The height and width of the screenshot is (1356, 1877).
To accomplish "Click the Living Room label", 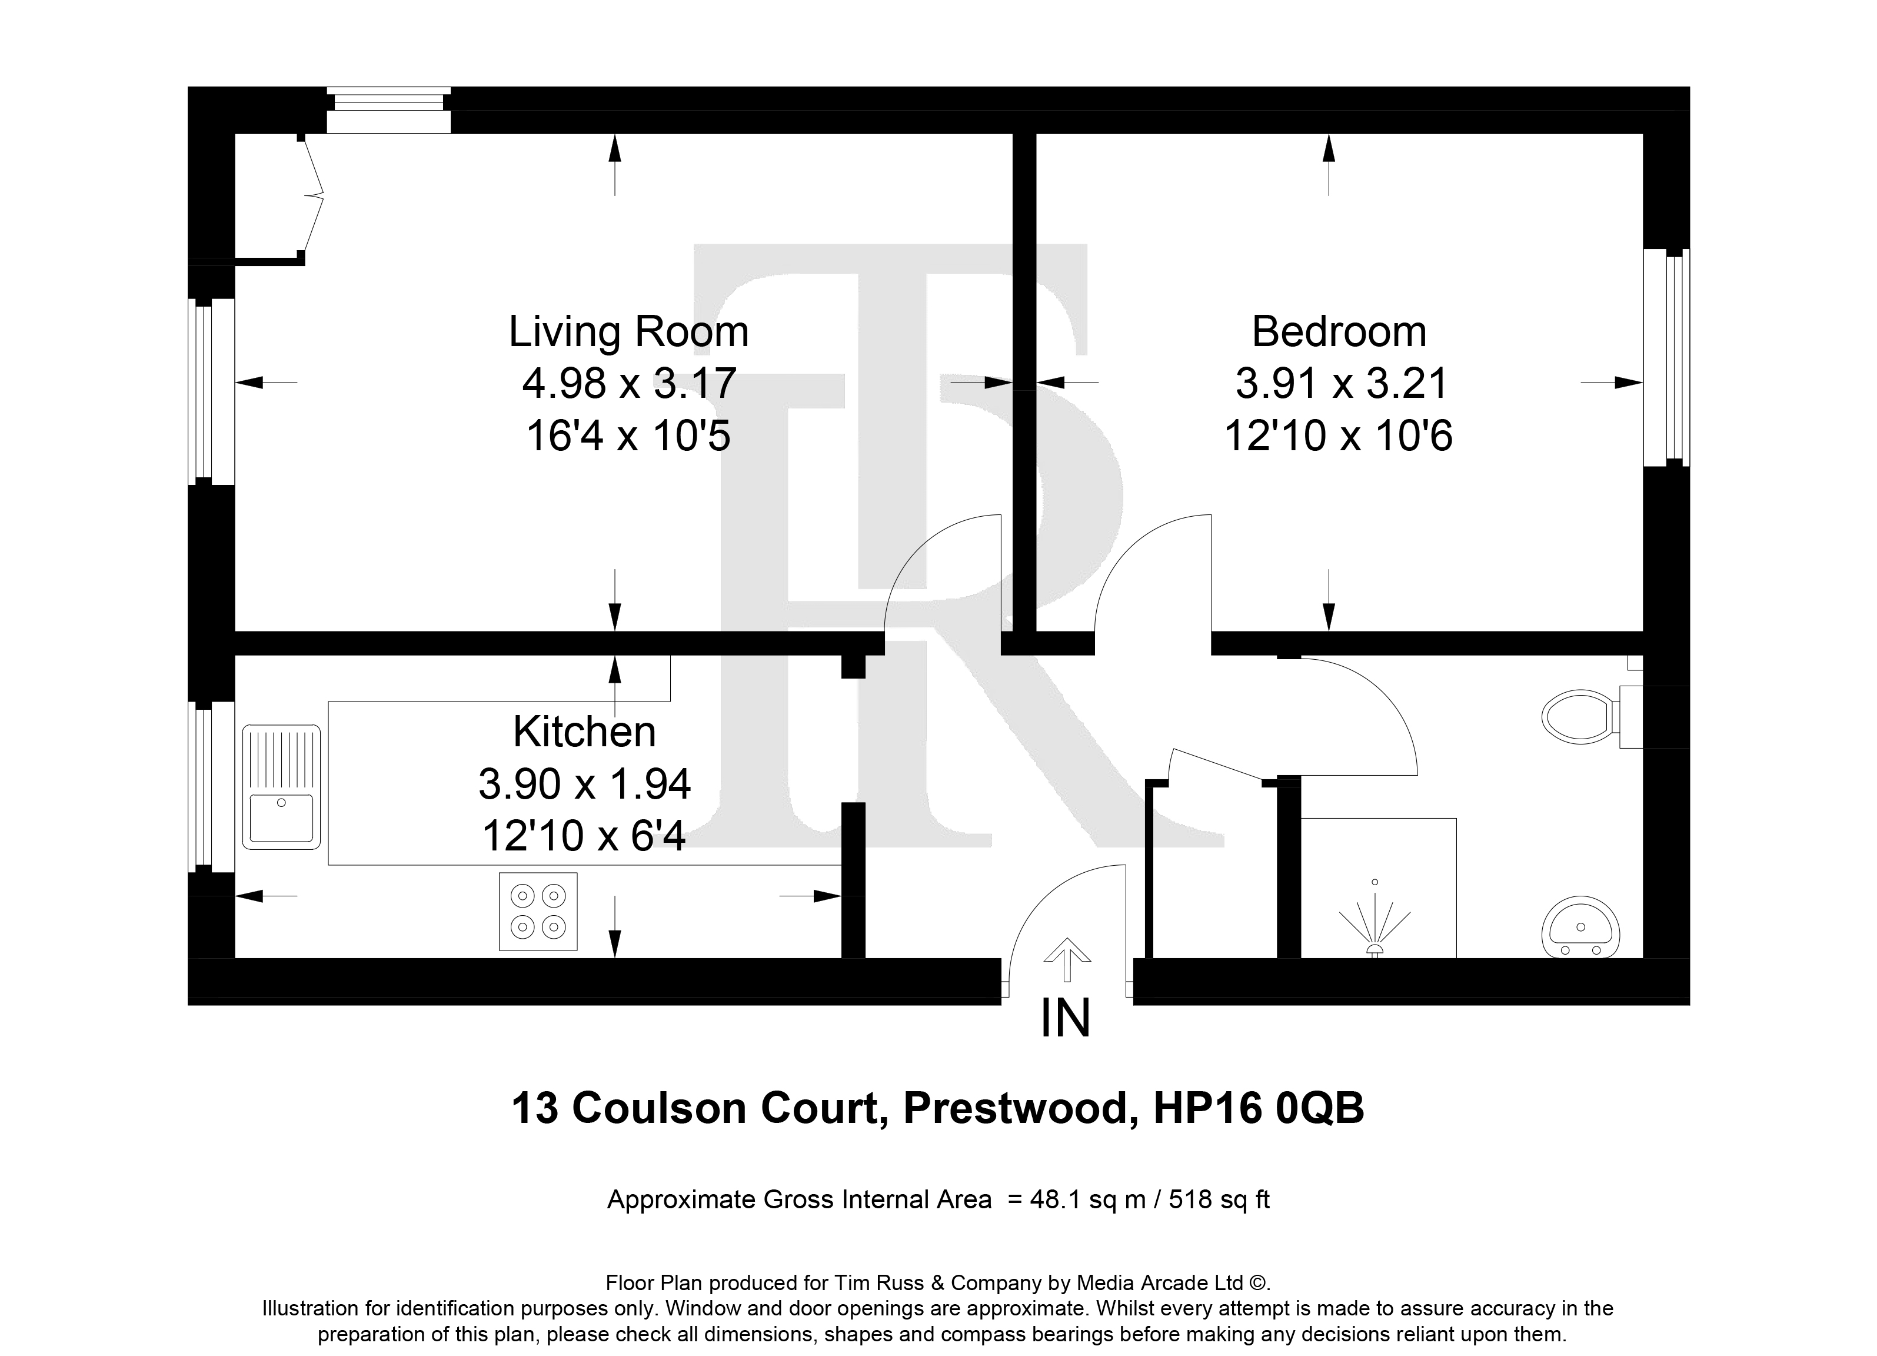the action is tap(628, 331).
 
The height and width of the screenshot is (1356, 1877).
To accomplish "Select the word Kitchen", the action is tap(584, 731).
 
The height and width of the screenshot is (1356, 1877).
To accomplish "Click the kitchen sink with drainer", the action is tap(281, 786).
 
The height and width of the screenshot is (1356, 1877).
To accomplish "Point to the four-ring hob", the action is tap(538, 912).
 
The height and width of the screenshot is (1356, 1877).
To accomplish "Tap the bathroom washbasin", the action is tap(1580, 926).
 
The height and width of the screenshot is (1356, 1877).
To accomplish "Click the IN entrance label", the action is tap(1066, 1018).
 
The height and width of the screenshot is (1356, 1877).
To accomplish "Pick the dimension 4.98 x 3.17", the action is tap(629, 383).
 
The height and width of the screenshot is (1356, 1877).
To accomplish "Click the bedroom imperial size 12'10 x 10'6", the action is tap(1338, 436).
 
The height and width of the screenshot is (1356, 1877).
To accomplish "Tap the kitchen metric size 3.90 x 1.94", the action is tap(584, 783).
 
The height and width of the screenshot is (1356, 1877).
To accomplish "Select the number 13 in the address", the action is tap(535, 1108).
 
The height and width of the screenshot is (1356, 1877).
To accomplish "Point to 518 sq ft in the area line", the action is tap(1219, 1199).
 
